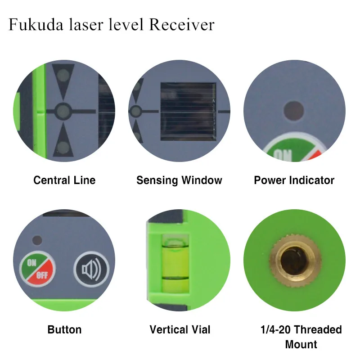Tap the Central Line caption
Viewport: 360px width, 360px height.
click(x=64, y=180)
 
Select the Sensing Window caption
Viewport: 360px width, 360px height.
click(x=179, y=180)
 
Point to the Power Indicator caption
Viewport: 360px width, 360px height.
click(x=294, y=180)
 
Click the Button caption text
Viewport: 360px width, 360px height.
click(x=64, y=330)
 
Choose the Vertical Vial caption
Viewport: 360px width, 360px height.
click(x=179, y=330)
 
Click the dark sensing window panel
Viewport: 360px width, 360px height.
click(x=188, y=110)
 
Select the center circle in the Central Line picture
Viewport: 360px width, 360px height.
click(x=63, y=110)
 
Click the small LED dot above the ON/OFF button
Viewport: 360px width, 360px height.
click(x=38, y=240)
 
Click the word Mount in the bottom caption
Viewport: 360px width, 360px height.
click(x=301, y=345)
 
